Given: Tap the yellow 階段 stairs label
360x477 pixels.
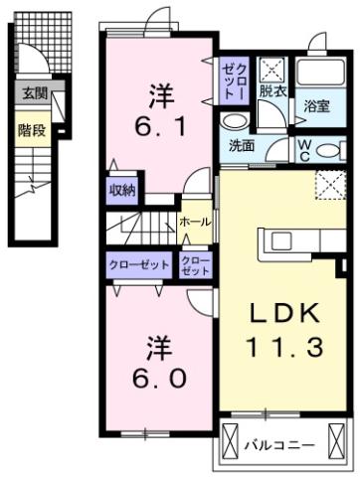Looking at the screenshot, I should pos(31,130).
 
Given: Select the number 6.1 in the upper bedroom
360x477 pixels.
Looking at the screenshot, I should pos(160,125).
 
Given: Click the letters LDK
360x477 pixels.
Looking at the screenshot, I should pos(283,314).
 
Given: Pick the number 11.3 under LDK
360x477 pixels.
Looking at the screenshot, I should pos(283,347).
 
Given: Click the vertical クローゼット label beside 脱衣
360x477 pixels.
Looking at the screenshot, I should pos(232,80).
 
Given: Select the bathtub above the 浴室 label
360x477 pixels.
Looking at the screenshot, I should pos(320,74).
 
